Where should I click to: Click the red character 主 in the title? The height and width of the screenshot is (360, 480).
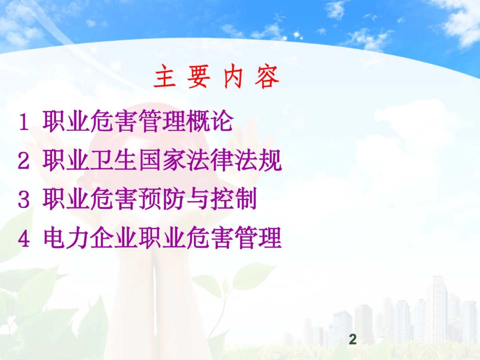pyautogui.click(x=165, y=79)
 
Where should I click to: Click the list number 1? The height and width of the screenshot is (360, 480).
pyautogui.click(x=23, y=122)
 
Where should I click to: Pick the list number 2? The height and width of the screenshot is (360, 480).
pyautogui.click(x=23, y=161)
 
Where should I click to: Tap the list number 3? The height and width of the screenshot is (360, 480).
pyautogui.click(x=23, y=200)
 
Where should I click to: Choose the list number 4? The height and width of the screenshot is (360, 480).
pyautogui.click(x=24, y=238)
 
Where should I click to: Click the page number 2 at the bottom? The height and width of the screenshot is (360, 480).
pyautogui.click(x=353, y=340)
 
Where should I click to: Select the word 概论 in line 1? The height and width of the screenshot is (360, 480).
pyautogui.click(x=210, y=122)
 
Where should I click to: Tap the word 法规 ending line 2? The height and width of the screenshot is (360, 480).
pyautogui.click(x=258, y=161)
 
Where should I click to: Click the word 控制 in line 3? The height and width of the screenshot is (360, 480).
pyautogui.click(x=233, y=200)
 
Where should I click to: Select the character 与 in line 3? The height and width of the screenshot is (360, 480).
pyautogui.click(x=198, y=200)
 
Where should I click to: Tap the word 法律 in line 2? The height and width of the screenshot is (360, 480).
pyautogui.click(x=210, y=161)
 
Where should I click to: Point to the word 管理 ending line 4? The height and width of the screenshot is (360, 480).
pyautogui.click(x=258, y=238)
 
